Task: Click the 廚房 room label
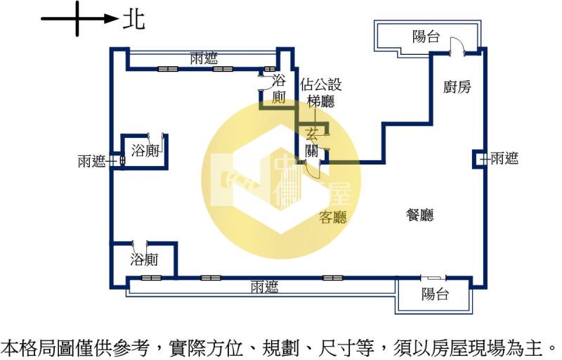click(457, 87)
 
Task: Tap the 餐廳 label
click(419, 215)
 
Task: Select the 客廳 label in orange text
click(333, 217)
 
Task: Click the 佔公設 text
click(321, 85)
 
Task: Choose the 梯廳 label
click(320, 101)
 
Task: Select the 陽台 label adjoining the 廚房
click(426, 37)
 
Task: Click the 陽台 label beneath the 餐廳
click(435, 294)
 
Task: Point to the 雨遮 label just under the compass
click(204, 58)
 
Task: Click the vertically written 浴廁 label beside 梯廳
click(279, 89)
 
